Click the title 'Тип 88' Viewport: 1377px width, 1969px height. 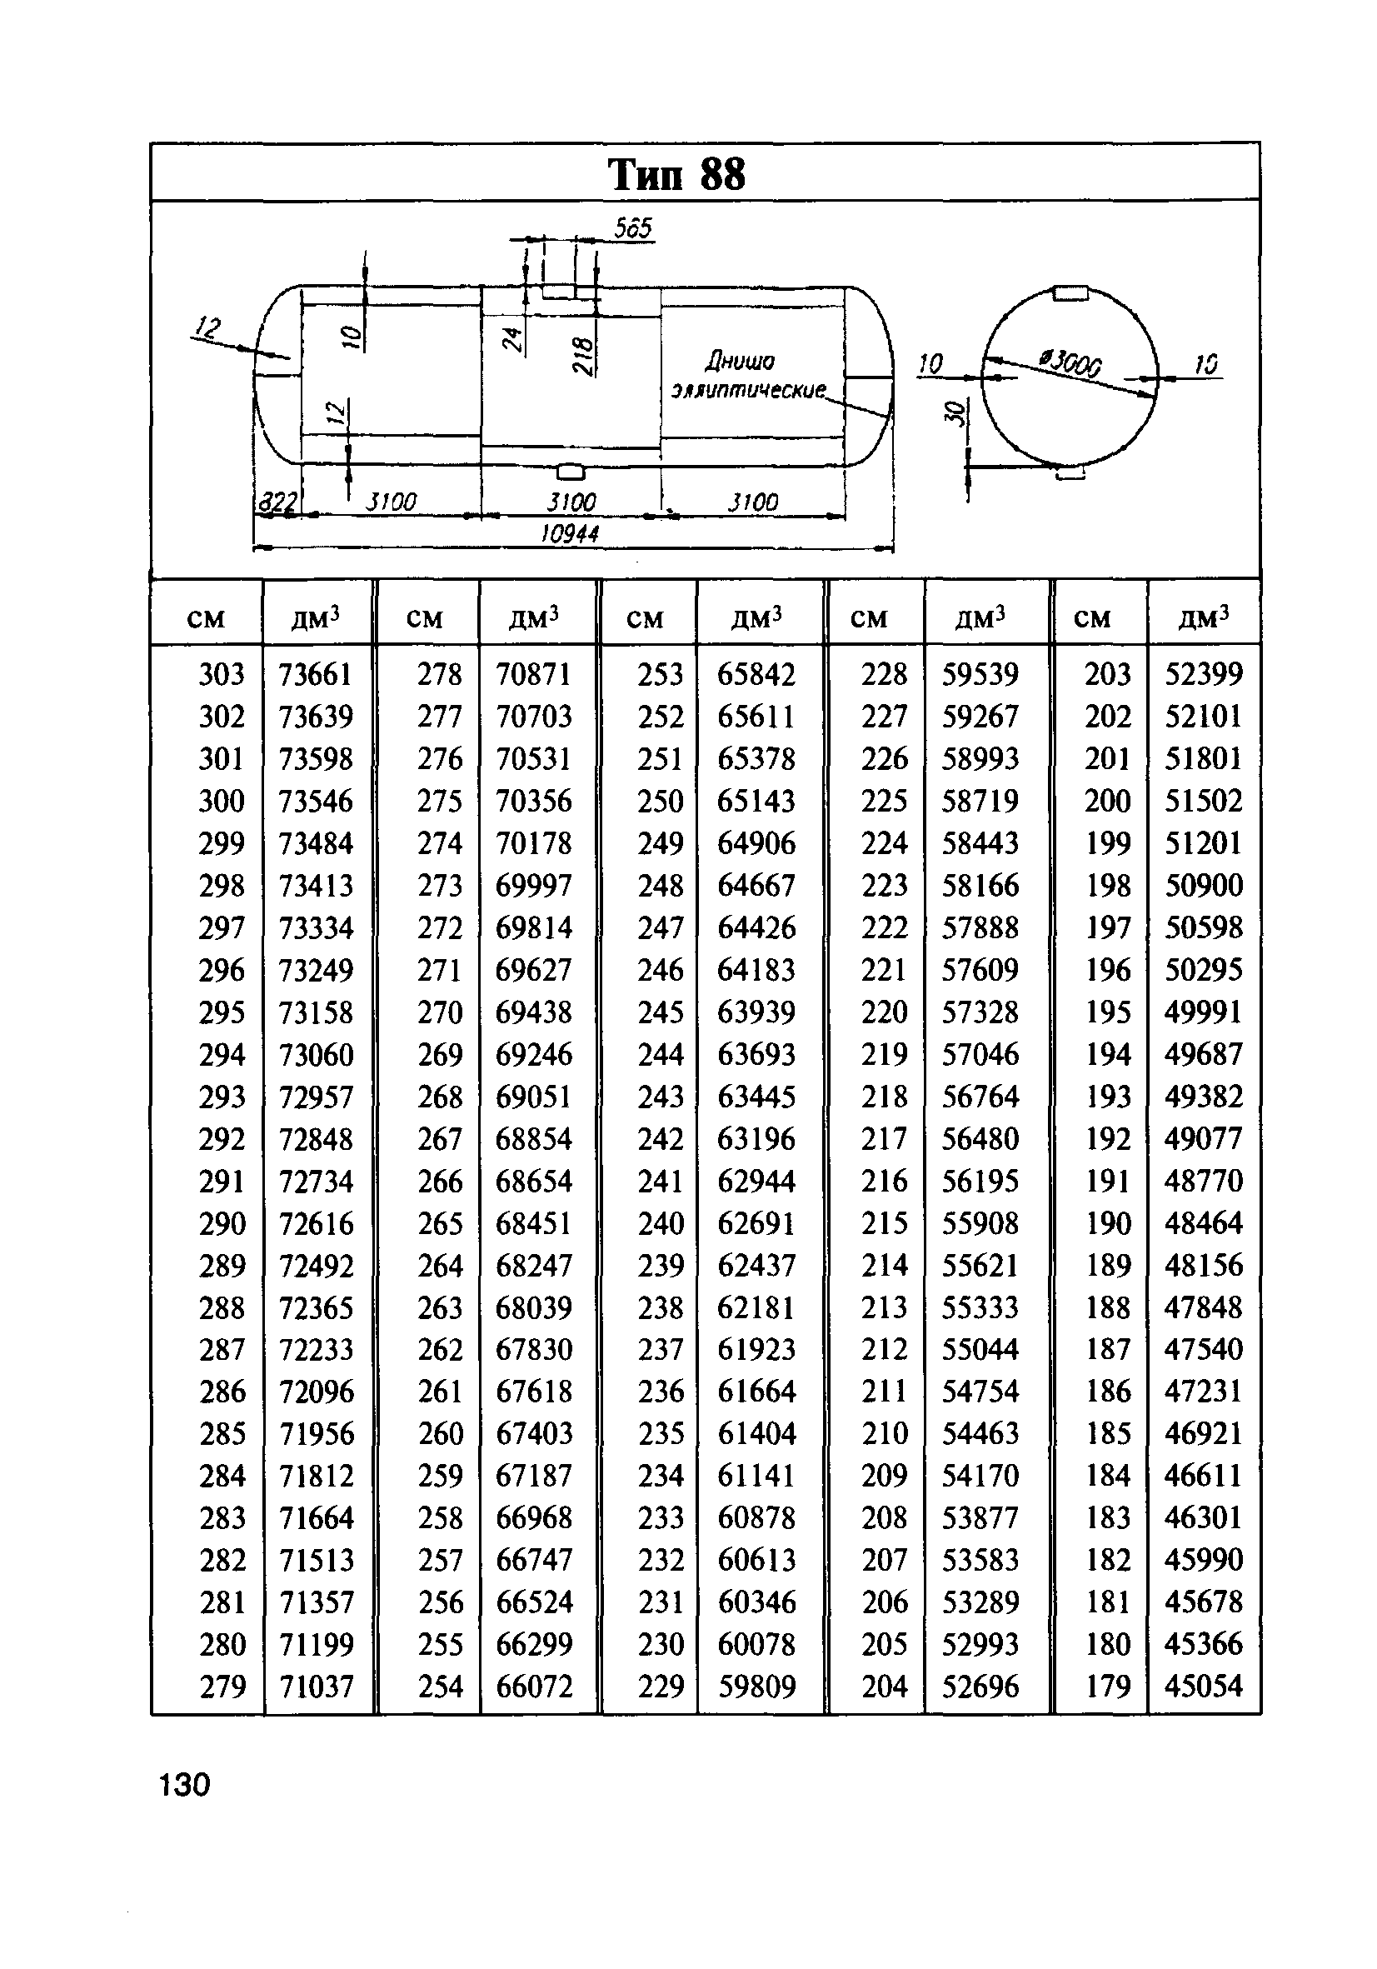676,175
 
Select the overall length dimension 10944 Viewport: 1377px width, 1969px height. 570,534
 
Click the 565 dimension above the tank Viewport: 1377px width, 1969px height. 634,229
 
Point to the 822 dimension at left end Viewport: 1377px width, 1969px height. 276,502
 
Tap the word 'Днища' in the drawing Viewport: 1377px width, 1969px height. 739,361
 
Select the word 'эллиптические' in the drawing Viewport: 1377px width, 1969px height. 748,391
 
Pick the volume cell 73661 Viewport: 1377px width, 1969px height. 316,675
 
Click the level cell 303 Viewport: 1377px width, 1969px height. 222,675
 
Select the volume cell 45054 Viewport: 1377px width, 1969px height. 1203,1687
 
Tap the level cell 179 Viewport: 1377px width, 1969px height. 1108,1687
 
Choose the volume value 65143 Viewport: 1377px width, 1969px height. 756,801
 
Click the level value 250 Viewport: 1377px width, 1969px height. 661,801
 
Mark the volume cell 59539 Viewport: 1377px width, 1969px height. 980,675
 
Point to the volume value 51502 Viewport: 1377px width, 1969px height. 1203,801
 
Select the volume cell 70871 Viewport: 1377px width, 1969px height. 533,675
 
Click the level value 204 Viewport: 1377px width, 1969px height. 884,1687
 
